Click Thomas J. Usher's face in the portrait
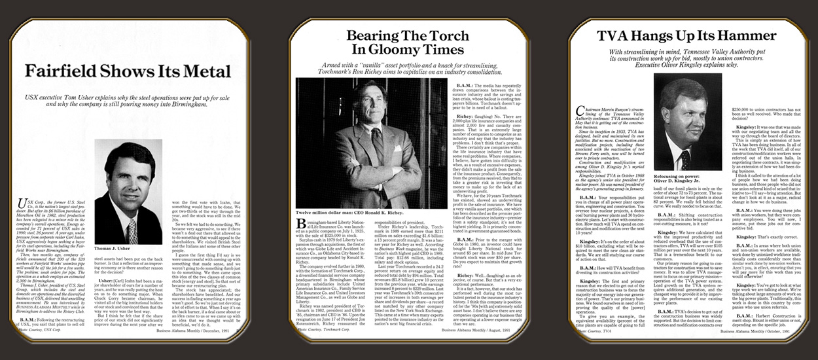click(x=128, y=174)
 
